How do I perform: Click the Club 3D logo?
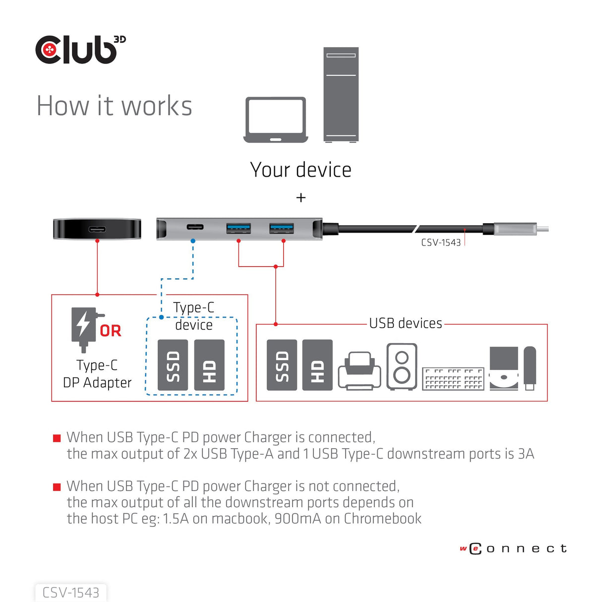click(79, 50)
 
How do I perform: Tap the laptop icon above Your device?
click(276, 120)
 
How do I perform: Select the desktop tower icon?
click(341, 94)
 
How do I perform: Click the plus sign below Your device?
click(301, 198)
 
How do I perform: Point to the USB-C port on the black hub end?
click(97, 229)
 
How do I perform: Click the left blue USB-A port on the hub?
click(239, 228)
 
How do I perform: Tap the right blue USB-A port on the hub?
click(282, 228)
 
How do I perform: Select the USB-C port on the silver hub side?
click(195, 227)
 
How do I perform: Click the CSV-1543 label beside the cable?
click(441, 242)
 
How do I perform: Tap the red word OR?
click(110, 331)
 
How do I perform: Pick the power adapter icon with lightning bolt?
click(84, 328)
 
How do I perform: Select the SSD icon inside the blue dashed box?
click(173, 365)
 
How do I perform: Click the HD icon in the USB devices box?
click(317, 365)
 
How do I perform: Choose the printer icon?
click(360, 371)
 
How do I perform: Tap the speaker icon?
click(402, 366)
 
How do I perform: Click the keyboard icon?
click(453, 379)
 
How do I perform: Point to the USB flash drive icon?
click(530, 368)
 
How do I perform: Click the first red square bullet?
click(57, 438)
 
